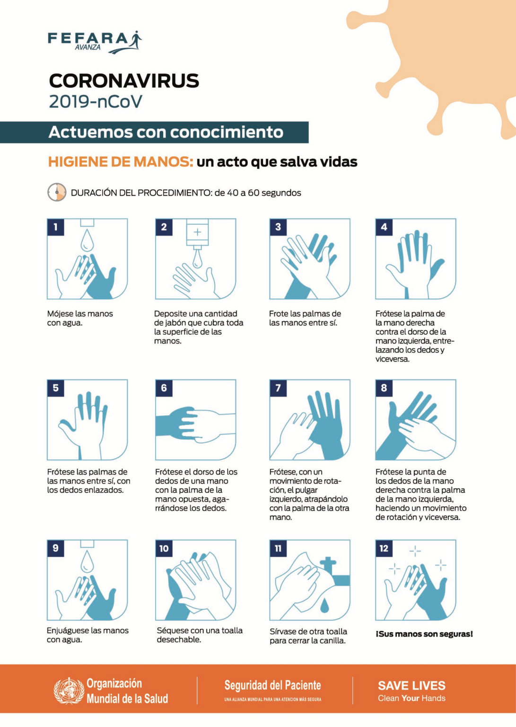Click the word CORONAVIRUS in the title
click(x=124, y=81)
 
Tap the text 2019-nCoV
click(x=95, y=102)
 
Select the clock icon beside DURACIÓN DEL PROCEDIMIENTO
click(x=57, y=192)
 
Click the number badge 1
click(x=55, y=227)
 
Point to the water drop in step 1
click(x=87, y=240)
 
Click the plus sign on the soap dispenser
click(x=197, y=232)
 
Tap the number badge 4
click(x=384, y=227)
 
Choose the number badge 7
click(x=278, y=388)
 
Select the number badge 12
click(x=384, y=549)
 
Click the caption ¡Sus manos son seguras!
click(x=424, y=634)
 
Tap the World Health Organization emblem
click(x=69, y=691)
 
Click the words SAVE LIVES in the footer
click(x=411, y=686)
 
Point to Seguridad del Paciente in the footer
click(x=272, y=685)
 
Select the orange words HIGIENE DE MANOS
click(x=121, y=162)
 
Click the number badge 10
click(x=164, y=549)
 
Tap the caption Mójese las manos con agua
click(x=79, y=318)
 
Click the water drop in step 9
click(x=87, y=562)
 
